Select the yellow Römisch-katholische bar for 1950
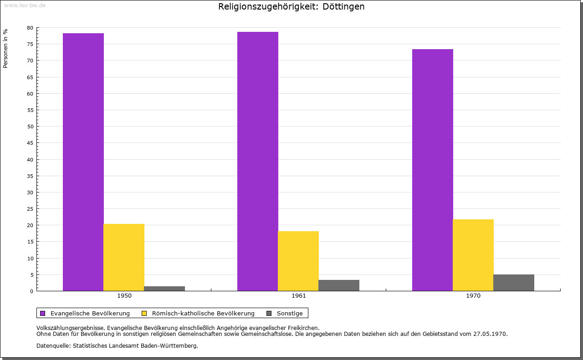tap(124, 257)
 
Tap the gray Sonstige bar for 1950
tap(164, 289)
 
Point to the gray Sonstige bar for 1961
tap(339, 285)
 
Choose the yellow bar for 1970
tap(473, 255)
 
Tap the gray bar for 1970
tap(514, 283)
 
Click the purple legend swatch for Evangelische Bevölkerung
tap(43, 313)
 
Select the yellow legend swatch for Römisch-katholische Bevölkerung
tap(144, 313)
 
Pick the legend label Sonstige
tap(290, 313)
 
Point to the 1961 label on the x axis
tap(299, 296)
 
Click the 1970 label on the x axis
tap(473, 296)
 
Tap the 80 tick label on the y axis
tap(30, 28)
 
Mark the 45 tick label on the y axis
tap(30, 143)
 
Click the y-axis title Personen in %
tap(5, 48)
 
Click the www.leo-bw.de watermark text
tap(25, 5)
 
